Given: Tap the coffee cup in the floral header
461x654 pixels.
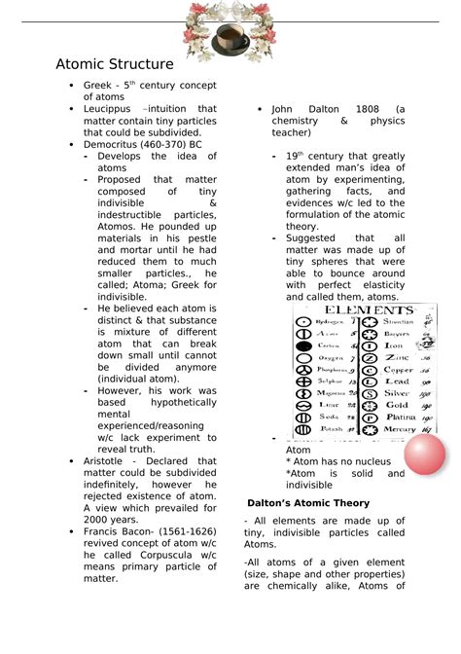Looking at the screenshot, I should (230, 39).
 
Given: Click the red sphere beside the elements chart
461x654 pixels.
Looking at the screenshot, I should (424, 454).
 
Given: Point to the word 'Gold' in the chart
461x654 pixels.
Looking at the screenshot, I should (397, 404).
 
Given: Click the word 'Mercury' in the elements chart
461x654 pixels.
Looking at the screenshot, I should (400, 428).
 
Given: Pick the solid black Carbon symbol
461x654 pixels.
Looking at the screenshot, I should (303, 345).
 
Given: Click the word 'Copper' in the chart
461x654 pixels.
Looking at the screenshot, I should (399, 370).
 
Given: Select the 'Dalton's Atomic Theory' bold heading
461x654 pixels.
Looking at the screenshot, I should (307, 503).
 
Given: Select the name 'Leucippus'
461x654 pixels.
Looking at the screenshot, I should (109, 109).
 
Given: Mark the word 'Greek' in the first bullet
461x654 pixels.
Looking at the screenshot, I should (98, 87).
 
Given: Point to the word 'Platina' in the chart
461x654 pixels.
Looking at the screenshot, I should (399, 417).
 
